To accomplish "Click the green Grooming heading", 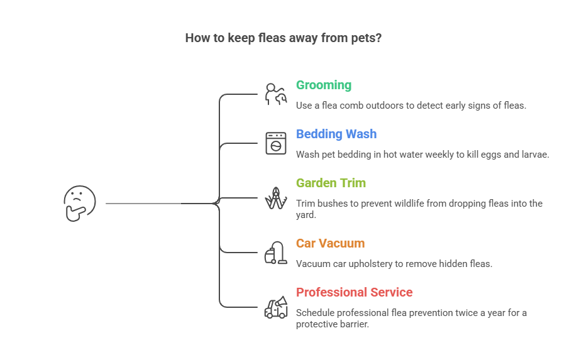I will pyautogui.click(x=324, y=85).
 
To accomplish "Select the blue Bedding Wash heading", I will pyautogui.click(x=336, y=134).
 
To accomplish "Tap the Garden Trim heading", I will pyautogui.click(x=331, y=183).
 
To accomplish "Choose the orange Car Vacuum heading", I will pyautogui.click(x=330, y=244).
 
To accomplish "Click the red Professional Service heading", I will pyautogui.click(x=354, y=293).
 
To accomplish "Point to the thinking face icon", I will pyautogui.click(x=80, y=203).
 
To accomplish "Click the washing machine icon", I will pyautogui.click(x=275, y=143).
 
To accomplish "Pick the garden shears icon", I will pyautogui.click(x=275, y=197).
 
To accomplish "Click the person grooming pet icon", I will pyautogui.click(x=275, y=94).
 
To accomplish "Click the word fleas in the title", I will pyautogui.click(x=273, y=38).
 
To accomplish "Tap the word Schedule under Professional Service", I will pyautogui.click(x=317, y=313).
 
